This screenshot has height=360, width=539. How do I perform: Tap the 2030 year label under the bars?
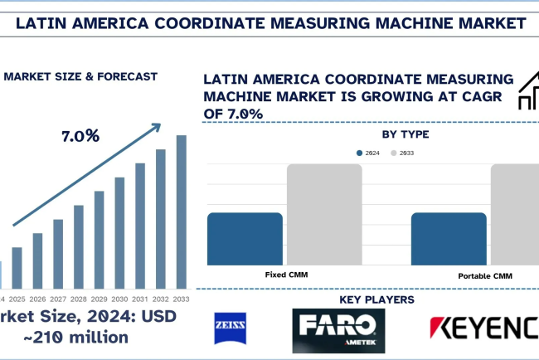click(x=120, y=299)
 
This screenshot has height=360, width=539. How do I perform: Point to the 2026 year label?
click(x=37, y=299)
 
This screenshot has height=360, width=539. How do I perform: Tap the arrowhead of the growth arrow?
click(x=158, y=126)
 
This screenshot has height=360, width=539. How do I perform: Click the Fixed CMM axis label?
click(x=284, y=274)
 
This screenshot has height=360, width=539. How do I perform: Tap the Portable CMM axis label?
click(x=485, y=275)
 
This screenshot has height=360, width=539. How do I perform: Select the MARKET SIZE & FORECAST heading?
click(x=81, y=76)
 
